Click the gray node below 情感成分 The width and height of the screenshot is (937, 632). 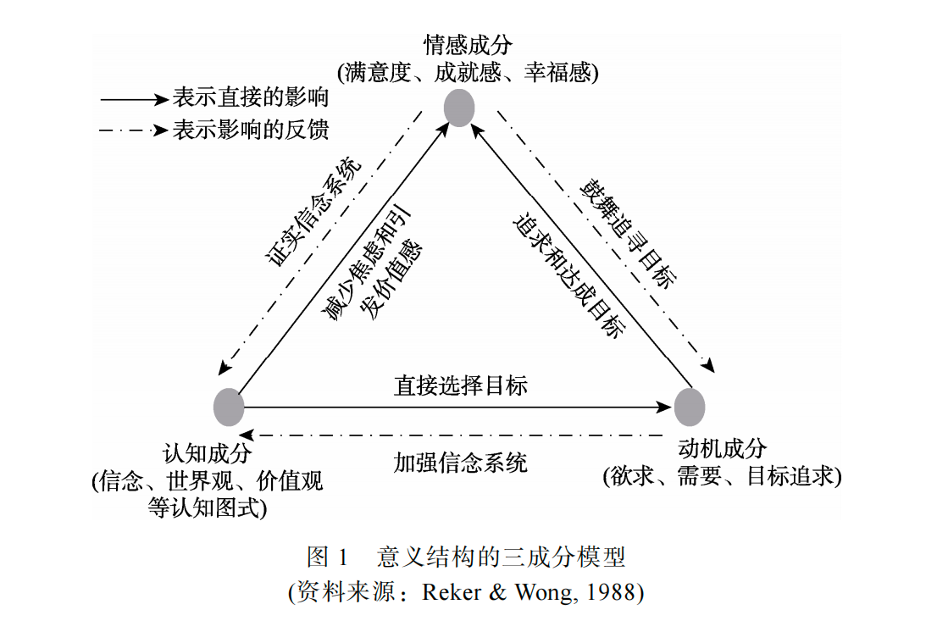click(459, 108)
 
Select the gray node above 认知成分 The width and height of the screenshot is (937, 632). click(229, 407)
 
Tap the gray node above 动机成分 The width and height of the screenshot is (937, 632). click(690, 407)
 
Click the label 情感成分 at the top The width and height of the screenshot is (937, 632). click(468, 45)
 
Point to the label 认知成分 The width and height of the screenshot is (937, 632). click(207, 453)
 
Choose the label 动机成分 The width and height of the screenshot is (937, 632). click(723, 448)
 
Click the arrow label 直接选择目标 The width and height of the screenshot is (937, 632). click(461, 385)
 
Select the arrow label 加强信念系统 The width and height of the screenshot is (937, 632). click(460, 463)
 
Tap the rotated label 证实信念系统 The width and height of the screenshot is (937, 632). click(313, 212)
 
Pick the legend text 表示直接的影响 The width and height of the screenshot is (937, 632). click(251, 97)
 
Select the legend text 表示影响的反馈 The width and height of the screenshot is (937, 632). click(251, 130)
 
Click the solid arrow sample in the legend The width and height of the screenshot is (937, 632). click(135, 99)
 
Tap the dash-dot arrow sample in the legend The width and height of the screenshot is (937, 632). click(135, 130)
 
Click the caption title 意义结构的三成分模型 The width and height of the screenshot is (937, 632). click(501, 557)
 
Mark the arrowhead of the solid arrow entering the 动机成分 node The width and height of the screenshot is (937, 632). click(664, 407)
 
